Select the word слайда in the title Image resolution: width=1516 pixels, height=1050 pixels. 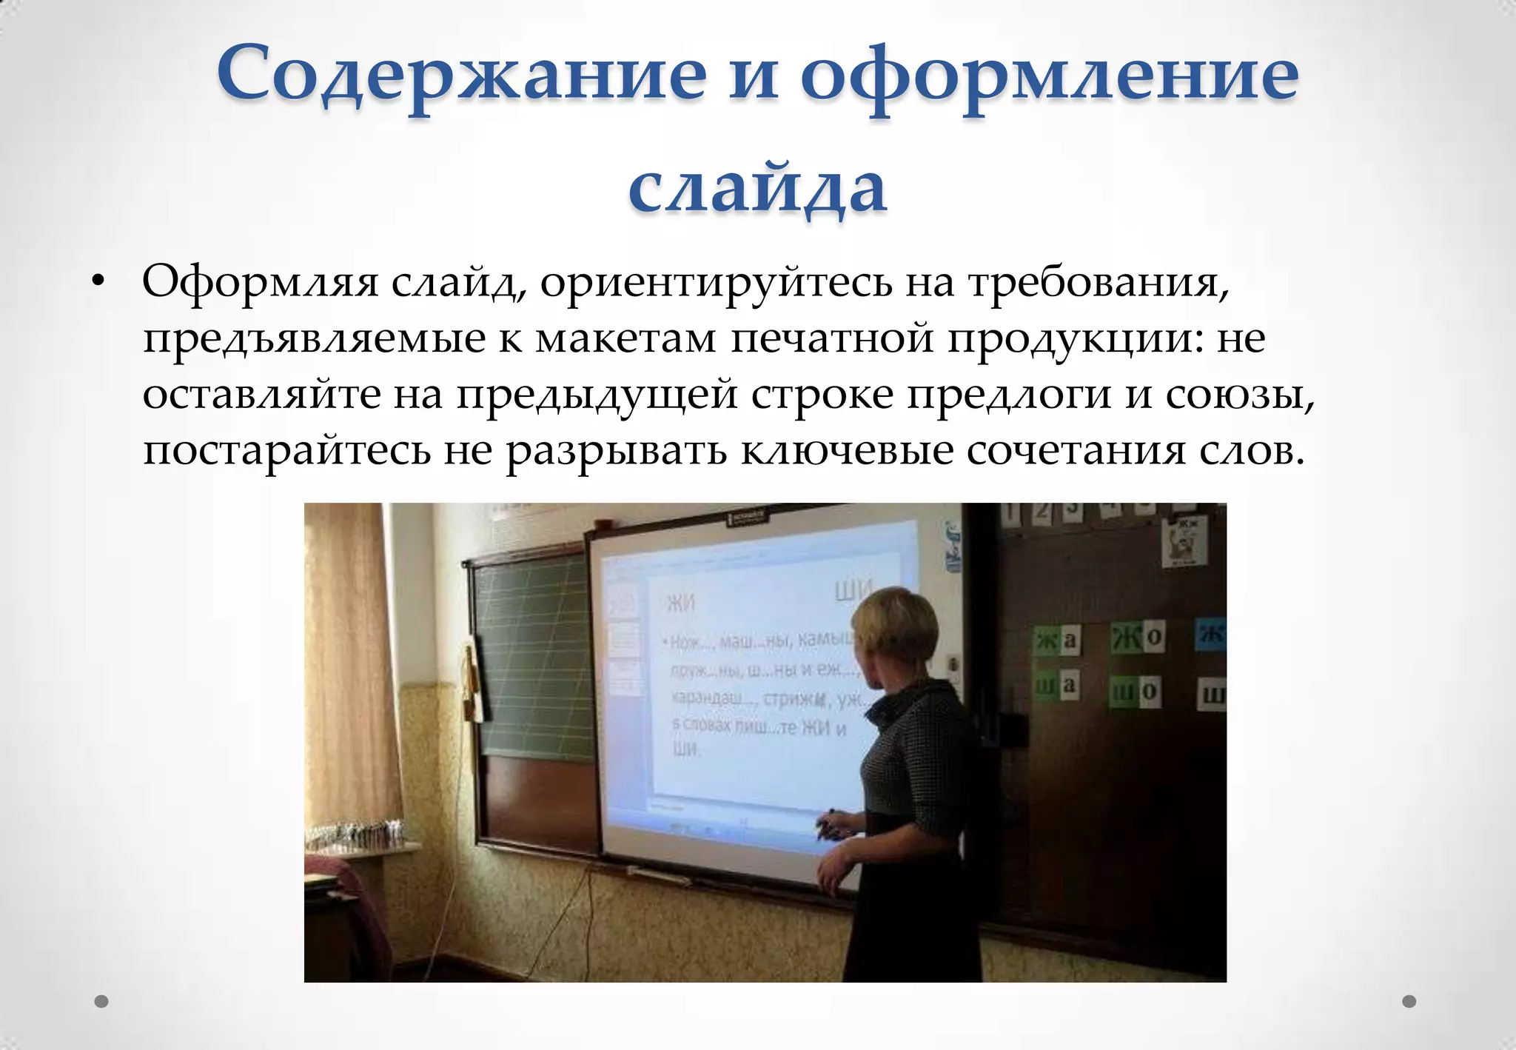point(757,187)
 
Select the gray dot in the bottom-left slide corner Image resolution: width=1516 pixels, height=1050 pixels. point(102,1001)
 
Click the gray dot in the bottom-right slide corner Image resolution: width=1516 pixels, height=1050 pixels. point(1409,1001)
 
